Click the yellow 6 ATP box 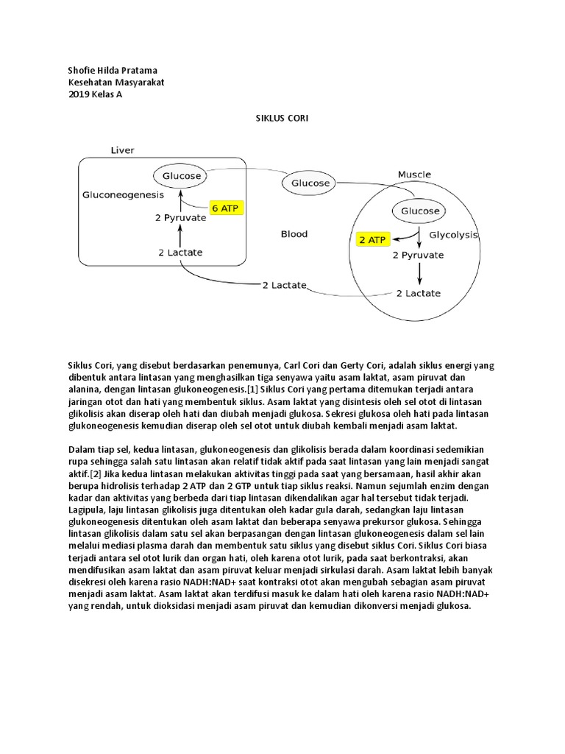coord(226,208)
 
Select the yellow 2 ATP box coord(372,239)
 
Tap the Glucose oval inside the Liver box coord(182,177)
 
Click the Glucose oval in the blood coord(311,183)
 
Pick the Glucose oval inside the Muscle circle coord(420,211)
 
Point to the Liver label coord(122,150)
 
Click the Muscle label coord(414,175)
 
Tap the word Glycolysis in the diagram coord(453,235)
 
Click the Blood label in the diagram coord(294,234)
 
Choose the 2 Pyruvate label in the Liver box coord(180,218)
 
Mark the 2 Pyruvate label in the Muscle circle coord(418,255)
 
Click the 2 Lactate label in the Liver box coord(180,253)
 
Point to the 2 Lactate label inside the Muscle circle coord(419,293)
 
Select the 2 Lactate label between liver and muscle coord(285,285)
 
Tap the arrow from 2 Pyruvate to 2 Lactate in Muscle coord(419,273)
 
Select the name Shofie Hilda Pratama coord(112,71)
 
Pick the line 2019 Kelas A coord(95,94)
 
